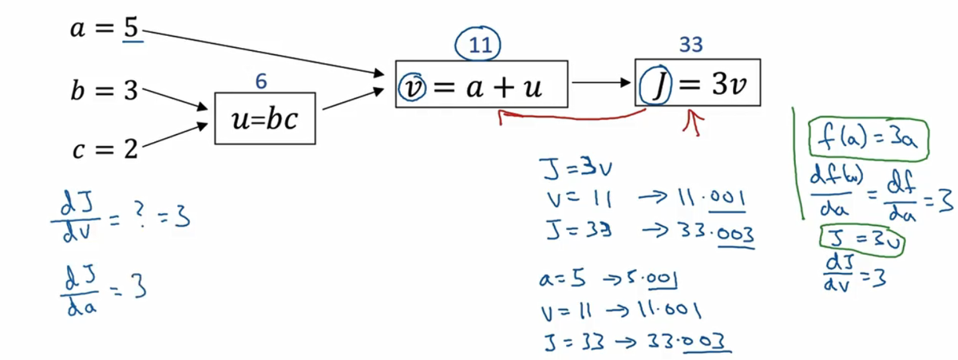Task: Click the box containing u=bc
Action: [265, 118]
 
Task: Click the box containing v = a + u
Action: [481, 84]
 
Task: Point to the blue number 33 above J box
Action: [691, 45]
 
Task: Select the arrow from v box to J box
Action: [600, 82]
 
